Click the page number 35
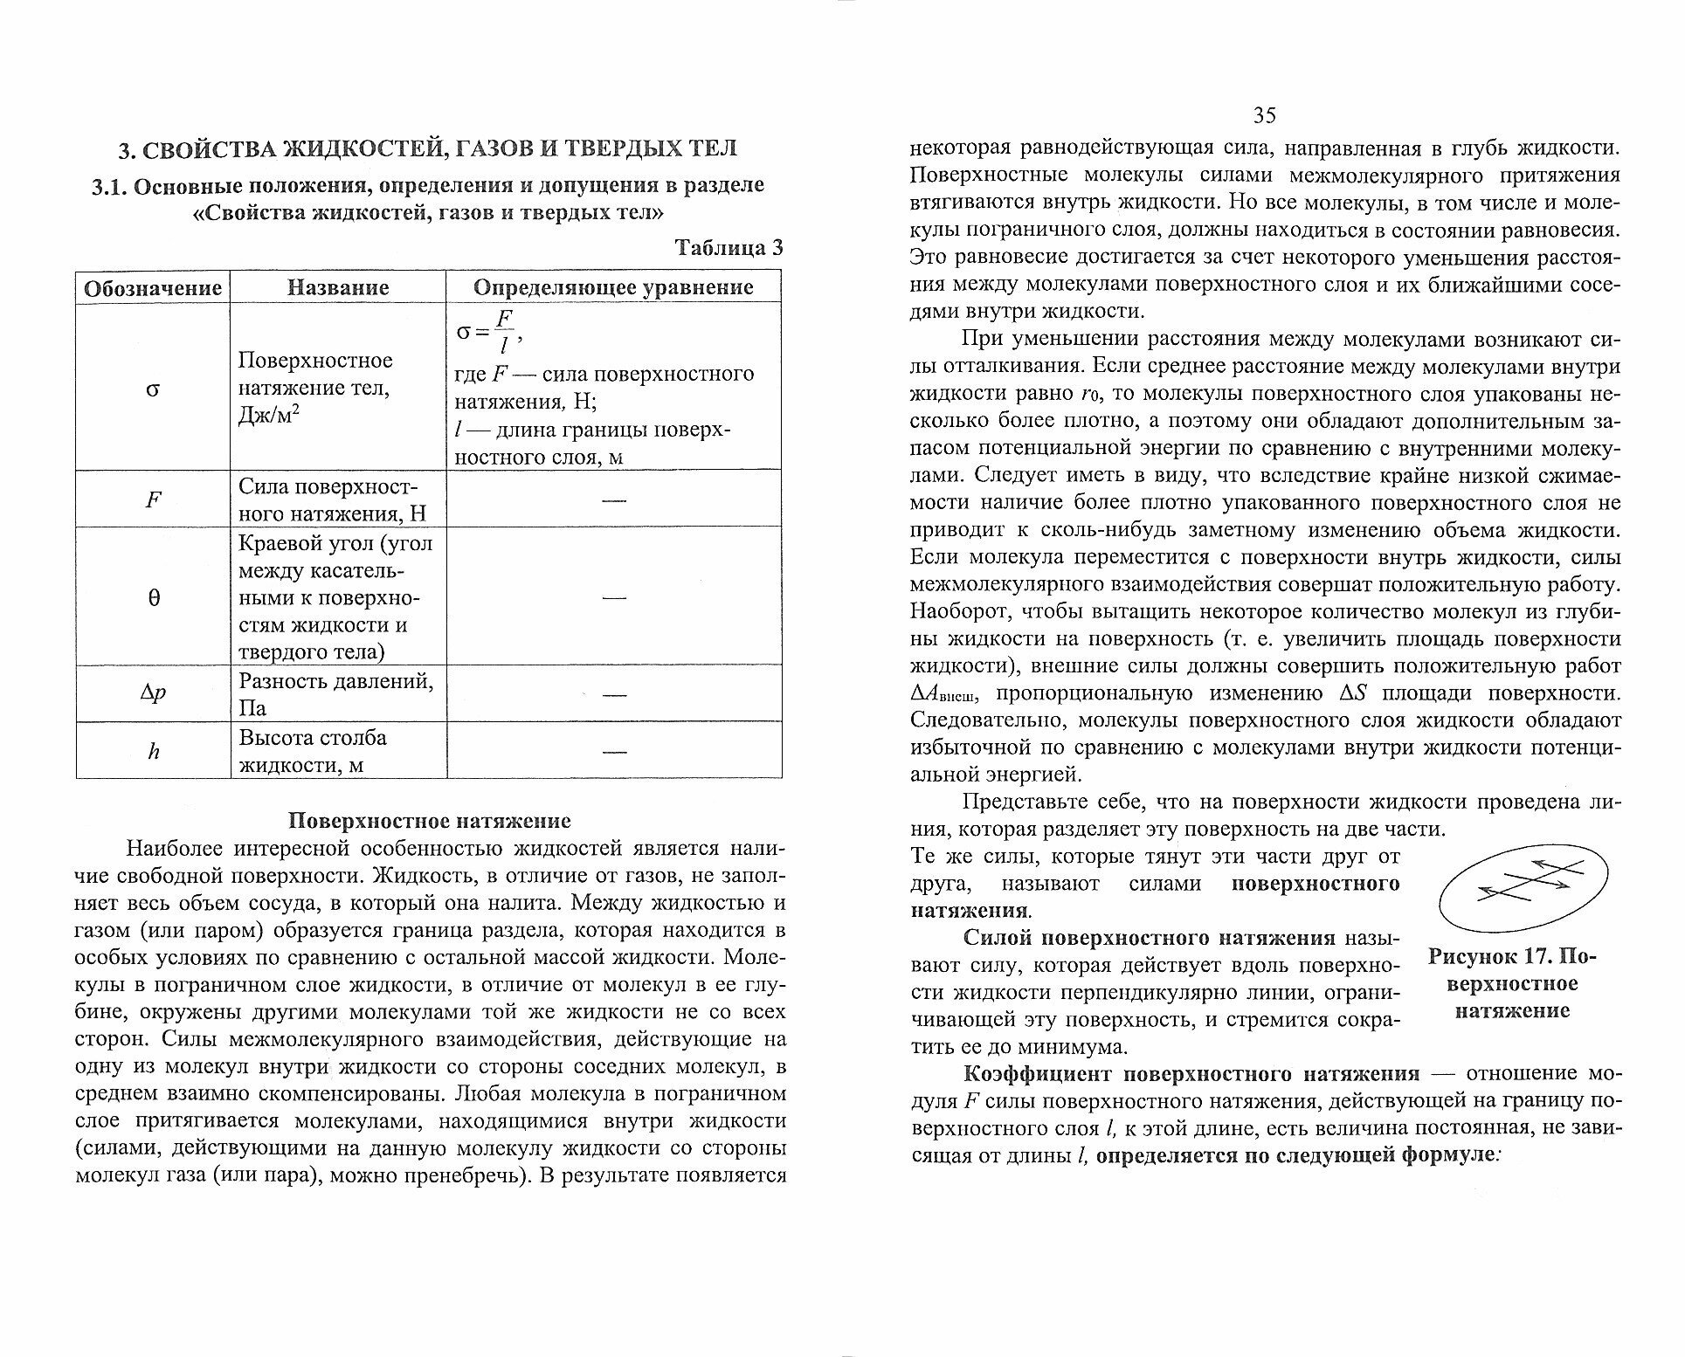pos(1265,115)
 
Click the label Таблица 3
pos(729,248)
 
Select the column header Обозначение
pos(153,287)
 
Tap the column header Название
pos(338,287)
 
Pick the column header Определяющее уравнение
pos(613,287)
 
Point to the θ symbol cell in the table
pos(154,598)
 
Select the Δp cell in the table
pos(154,694)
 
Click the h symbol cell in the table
pos(154,751)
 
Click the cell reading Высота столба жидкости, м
pos(313,751)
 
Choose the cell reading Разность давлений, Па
pos(336,693)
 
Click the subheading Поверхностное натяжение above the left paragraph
pos(430,821)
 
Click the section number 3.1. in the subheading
pos(111,186)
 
